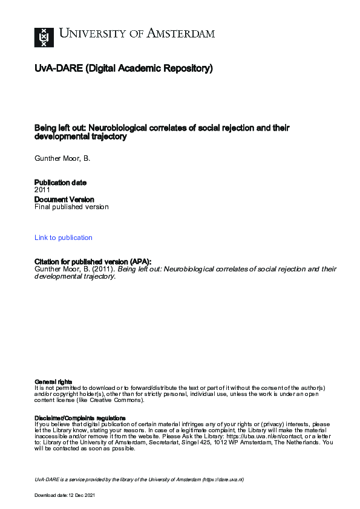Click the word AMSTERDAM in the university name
180,34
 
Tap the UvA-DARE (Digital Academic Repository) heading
123,69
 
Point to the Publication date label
61,183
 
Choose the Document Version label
64,199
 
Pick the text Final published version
71,207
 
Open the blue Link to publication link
64,238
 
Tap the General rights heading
53,381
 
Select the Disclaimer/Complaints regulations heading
80,418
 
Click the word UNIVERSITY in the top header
90,34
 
